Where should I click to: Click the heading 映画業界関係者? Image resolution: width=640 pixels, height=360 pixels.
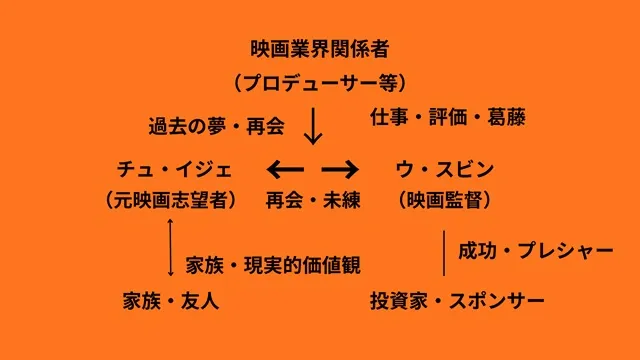pyautogui.click(x=320, y=47)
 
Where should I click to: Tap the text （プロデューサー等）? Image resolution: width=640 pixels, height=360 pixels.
pyautogui.click(x=320, y=82)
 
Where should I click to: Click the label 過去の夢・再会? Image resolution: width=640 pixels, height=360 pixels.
pyautogui.click(x=216, y=127)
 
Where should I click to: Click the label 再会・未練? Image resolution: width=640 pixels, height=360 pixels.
pyautogui.click(x=312, y=200)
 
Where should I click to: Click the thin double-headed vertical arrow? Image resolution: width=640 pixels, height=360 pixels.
pyautogui.click(x=172, y=248)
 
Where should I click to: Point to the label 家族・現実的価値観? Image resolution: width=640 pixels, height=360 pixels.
pyautogui.click(x=273, y=265)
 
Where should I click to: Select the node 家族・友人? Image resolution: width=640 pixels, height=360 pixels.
pyautogui.click(x=171, y=299)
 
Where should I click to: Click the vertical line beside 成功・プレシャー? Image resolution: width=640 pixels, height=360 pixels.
pyautogui.click(x=444, y=252)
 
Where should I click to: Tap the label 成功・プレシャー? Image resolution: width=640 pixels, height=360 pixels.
pyautogui.click(x=536, y=250)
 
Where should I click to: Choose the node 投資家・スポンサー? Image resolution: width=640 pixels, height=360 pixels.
pyautogui.click(x=457, y=299)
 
